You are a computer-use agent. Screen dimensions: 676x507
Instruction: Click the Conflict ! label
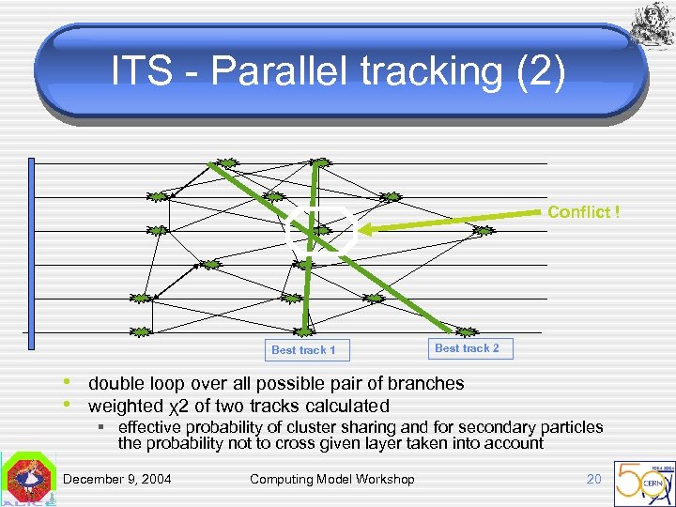pyautogui.click(x=583, y=212)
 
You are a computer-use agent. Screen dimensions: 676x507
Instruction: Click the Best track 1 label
pyautogui.click(x=303, y=350)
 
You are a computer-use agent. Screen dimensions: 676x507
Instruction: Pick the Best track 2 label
pyautogui.click(x=467, y=348)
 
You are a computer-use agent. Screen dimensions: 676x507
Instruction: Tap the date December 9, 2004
pyautogui.click(x=117, y=480)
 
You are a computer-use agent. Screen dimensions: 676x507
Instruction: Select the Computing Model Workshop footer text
pyautogui.click(x=331, y=480)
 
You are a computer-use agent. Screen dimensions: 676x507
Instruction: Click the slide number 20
pyautogui.click(x=593, y=480)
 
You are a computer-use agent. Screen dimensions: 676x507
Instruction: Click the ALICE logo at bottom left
pyautogui.click(x=28, y=480)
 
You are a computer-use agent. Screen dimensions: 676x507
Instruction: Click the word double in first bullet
pyautogui.click(x=115, y=383)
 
